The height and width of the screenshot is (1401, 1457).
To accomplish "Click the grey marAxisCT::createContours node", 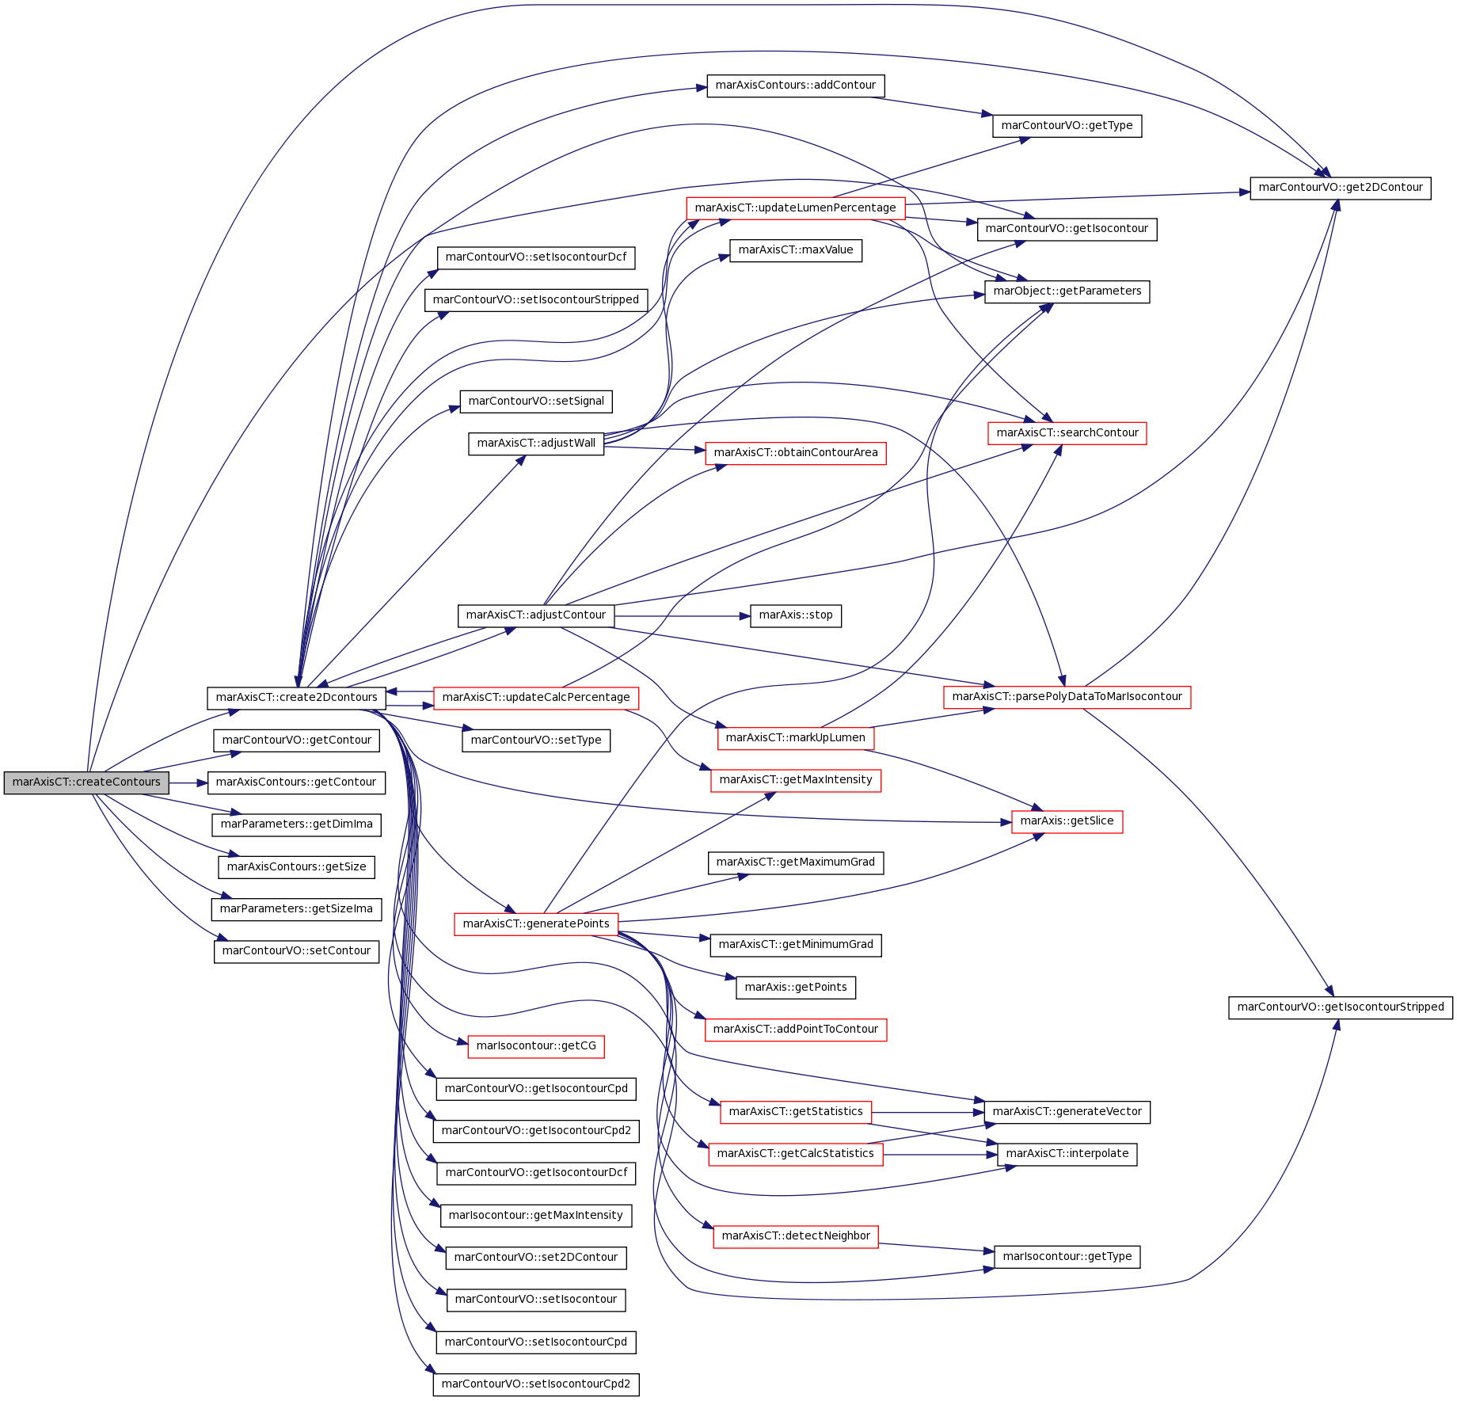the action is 86,782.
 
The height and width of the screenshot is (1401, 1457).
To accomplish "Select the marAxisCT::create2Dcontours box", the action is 297,698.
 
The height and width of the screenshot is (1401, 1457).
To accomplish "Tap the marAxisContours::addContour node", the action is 796,86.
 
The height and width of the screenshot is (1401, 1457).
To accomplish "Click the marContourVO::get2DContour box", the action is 1341,188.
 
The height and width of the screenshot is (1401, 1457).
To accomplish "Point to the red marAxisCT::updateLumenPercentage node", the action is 796,208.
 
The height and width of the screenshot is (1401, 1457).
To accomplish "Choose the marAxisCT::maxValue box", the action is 796,250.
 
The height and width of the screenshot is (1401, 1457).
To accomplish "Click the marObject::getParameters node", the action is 1067,291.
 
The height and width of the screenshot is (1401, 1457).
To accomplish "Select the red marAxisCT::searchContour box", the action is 1067,433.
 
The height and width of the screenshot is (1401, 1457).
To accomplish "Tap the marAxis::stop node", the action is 796,615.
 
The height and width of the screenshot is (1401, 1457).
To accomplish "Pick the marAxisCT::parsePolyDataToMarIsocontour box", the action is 1067,697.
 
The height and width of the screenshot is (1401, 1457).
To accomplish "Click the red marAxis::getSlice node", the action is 1067,821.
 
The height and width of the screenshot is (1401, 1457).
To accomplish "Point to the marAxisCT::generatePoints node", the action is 536,924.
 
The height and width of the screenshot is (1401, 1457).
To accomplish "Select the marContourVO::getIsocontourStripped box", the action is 1341,1007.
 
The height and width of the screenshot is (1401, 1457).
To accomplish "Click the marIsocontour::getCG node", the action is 536,1046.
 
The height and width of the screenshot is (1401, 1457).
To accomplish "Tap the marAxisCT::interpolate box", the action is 1067,1154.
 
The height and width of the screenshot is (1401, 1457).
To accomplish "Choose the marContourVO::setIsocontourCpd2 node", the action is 536,1384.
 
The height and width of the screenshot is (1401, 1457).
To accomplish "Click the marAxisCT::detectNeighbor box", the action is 796,1236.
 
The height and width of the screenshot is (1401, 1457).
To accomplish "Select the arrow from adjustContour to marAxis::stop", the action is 682,615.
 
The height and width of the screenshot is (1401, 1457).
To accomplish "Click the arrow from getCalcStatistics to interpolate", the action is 940,1154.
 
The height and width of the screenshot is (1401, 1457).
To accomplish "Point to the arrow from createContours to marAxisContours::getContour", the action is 188,782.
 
